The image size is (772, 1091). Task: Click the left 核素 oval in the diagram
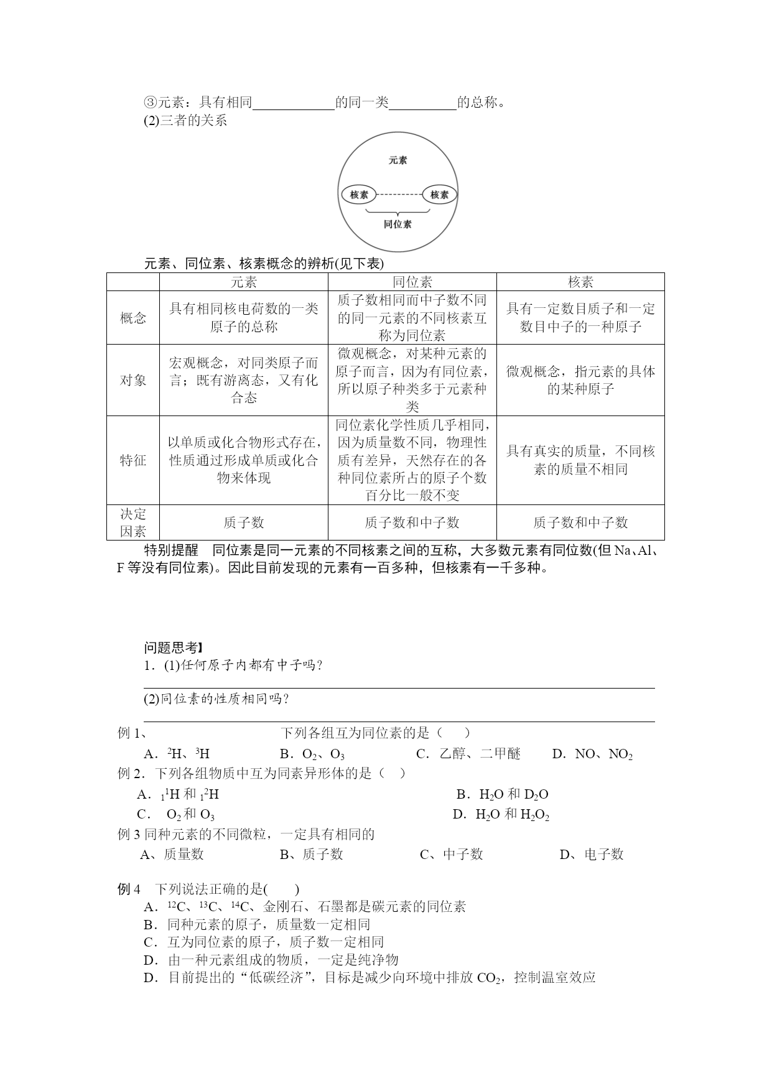coord(359,195)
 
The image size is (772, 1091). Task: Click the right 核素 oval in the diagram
coord(439,195)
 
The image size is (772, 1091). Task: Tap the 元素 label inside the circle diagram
coord(398,160)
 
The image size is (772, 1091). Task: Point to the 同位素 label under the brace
coord(398,224)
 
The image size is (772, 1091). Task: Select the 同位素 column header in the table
coord(412,282)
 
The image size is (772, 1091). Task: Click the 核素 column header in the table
coord(580,282)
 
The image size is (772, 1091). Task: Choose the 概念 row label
coord(133,318)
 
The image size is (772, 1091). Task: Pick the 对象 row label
coord(133,380)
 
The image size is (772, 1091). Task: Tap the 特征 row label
coord(133,460)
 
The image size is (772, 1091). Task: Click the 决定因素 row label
coord(133,522)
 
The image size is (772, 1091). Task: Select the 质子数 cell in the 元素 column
coord(243,522)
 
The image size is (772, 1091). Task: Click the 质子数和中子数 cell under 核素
coord(580,522)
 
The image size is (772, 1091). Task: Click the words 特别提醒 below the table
coord(171,550)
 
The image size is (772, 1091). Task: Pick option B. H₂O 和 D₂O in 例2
coord(502,794)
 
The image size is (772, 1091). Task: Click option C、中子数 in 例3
coord(452,855)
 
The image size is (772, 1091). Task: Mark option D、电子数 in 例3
coord(592,855)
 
